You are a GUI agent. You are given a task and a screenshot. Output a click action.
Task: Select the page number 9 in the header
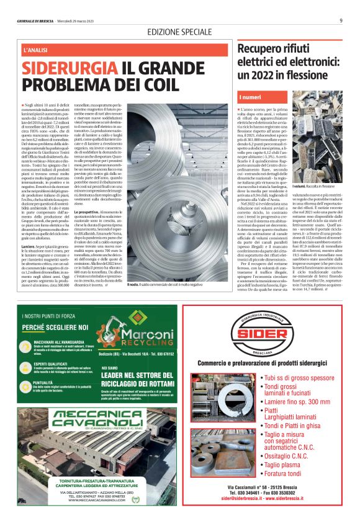341,20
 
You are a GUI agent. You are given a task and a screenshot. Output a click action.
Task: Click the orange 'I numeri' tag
251,98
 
